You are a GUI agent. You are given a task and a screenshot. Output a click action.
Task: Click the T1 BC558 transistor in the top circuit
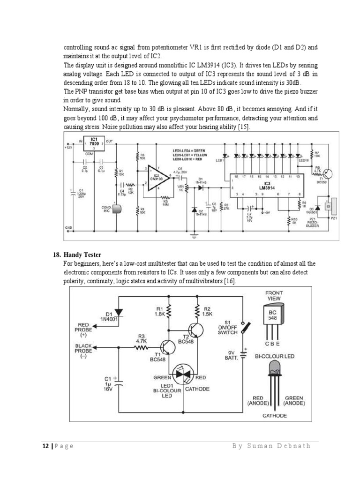(329, 173)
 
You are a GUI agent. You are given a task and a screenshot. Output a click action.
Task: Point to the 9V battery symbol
(244, 352)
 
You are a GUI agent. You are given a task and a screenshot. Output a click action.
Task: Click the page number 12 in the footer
(41, 446)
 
